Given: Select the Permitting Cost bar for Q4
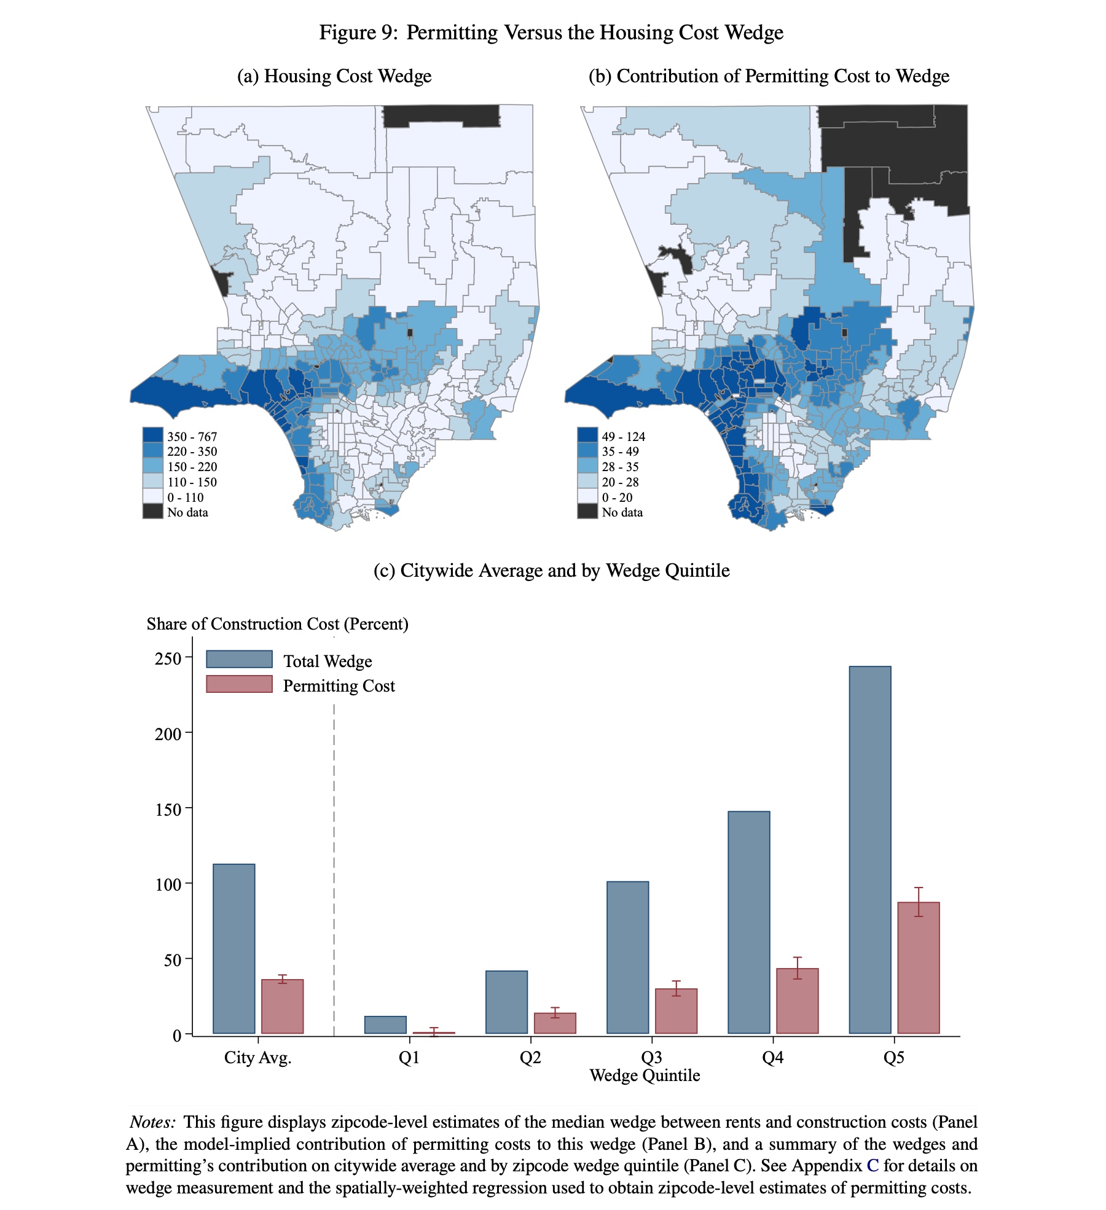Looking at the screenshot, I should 797,1001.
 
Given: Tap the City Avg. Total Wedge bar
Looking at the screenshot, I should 233,948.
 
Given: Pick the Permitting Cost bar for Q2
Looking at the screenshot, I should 555,1023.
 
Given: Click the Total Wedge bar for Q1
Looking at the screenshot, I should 385,1025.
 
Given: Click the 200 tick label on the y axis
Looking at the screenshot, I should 168,734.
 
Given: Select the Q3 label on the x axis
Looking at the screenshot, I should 651,1057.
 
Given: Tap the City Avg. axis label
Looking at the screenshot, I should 257,1057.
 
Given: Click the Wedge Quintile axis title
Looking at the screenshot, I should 645,1075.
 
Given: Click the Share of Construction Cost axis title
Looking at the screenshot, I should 277,624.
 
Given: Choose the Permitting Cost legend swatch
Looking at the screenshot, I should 239,684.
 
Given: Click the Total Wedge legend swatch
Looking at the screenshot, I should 239,659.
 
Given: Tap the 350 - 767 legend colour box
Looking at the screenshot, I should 153,435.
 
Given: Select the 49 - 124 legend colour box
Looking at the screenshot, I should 587,435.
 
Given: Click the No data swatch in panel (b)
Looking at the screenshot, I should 587,511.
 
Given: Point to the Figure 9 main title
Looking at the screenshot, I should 551,32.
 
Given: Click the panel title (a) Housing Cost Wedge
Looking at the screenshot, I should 334,76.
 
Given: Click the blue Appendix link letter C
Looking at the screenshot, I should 872,1165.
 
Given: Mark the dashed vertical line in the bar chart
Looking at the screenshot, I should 334,860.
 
